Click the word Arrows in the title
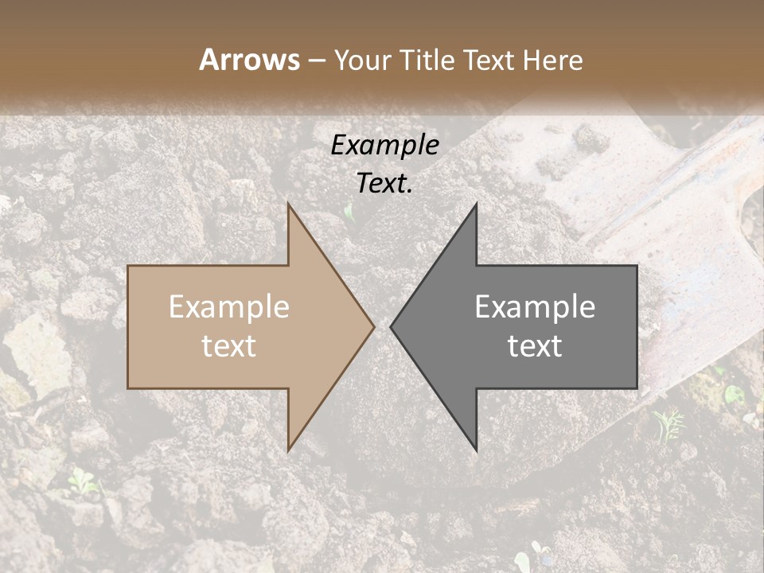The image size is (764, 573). pos(250,60)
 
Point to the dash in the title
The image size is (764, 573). pos(317,61)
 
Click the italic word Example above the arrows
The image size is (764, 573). pos(385,145)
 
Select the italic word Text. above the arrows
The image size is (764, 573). pos(385,184)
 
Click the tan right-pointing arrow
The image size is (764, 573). pos(239,326)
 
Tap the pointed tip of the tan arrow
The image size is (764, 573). pos(373,326)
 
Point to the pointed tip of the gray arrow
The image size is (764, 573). pos(391,326)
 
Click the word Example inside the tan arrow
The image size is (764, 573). pos(229,307)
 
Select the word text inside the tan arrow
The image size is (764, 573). pos(229,346)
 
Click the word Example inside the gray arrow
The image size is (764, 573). pos(535,307)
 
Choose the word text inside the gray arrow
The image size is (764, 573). pos(535,346)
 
